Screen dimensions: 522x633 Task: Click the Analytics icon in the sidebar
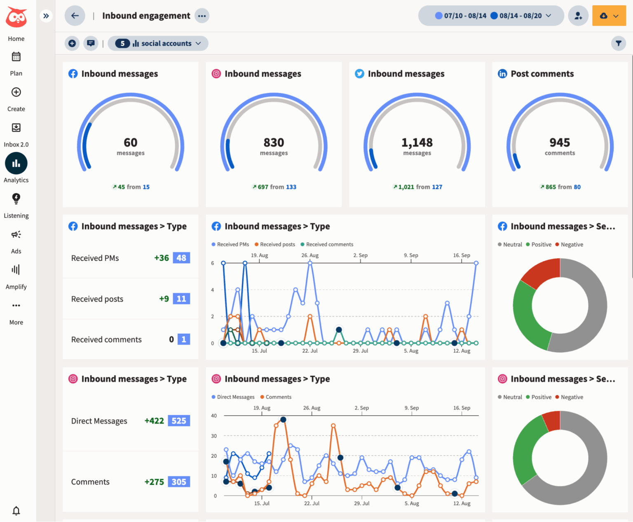(16, 164)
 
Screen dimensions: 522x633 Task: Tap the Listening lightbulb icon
(16, 199)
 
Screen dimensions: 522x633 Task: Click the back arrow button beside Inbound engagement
(75, 16)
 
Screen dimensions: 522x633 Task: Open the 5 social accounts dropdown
(158, 43)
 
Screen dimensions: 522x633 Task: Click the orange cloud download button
(609, 16)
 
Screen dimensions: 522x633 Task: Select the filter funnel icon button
(618, 43)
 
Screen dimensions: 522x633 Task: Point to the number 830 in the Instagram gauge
(274, 143)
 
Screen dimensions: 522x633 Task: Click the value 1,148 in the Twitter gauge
(417, 143)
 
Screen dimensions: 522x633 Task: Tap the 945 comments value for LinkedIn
(560, 143)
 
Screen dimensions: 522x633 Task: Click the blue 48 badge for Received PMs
(181, 258)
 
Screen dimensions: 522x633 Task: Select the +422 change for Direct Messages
(154, 421)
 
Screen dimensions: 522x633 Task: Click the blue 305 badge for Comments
(179, 482)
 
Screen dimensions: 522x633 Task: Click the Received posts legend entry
(275, 244)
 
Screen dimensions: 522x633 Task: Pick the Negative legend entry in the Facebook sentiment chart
(569, 244)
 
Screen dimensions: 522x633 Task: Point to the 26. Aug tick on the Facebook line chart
(310, 255)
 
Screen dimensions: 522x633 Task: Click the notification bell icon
(16, 511)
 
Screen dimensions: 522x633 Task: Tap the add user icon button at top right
(578, 16)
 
